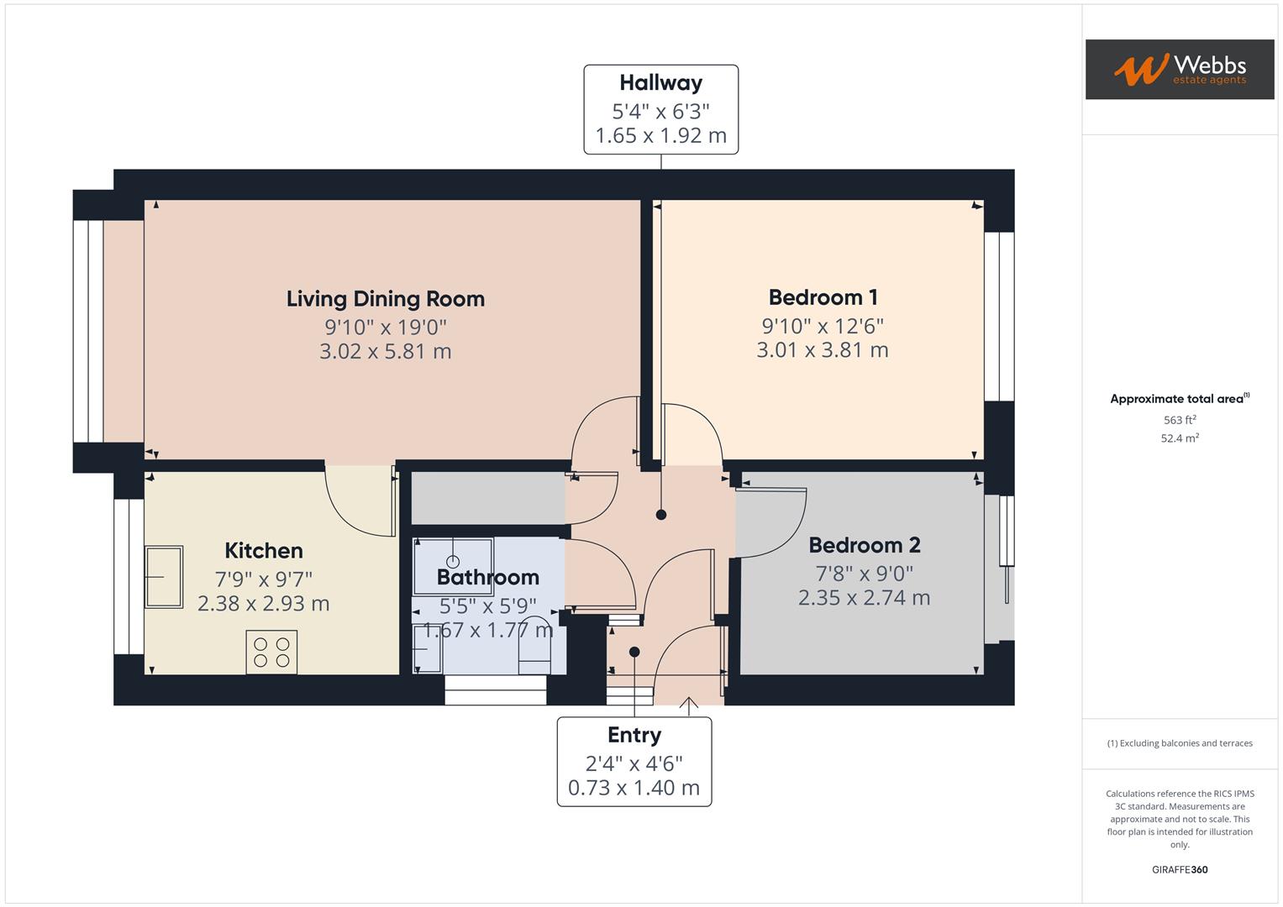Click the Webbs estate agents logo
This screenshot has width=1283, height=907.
point(1179,69)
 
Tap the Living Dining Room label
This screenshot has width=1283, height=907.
point(385,299)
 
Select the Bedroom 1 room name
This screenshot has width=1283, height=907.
point(823,297)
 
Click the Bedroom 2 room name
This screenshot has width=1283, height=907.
point(864,545)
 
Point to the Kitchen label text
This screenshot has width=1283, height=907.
point(263,551)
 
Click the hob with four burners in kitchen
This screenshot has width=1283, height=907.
point(271,653)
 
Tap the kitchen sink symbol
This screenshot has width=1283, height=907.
point(163,577)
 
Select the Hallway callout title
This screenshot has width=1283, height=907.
point(660,83)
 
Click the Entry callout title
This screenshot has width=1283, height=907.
point(634,735)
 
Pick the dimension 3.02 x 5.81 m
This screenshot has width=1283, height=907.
point(385,351)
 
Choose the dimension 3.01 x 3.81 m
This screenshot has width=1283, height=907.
point(822,349)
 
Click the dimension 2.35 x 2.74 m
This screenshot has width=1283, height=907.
point(864,598)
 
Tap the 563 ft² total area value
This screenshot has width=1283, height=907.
point(1179,420)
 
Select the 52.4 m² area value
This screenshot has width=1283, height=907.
point(1179,438)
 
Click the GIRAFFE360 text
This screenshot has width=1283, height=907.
point(1179,870)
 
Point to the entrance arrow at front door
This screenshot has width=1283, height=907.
point(689,705)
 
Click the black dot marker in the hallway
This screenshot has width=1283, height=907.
point(661,515)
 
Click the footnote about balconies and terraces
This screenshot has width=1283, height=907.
point(1179,743)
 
